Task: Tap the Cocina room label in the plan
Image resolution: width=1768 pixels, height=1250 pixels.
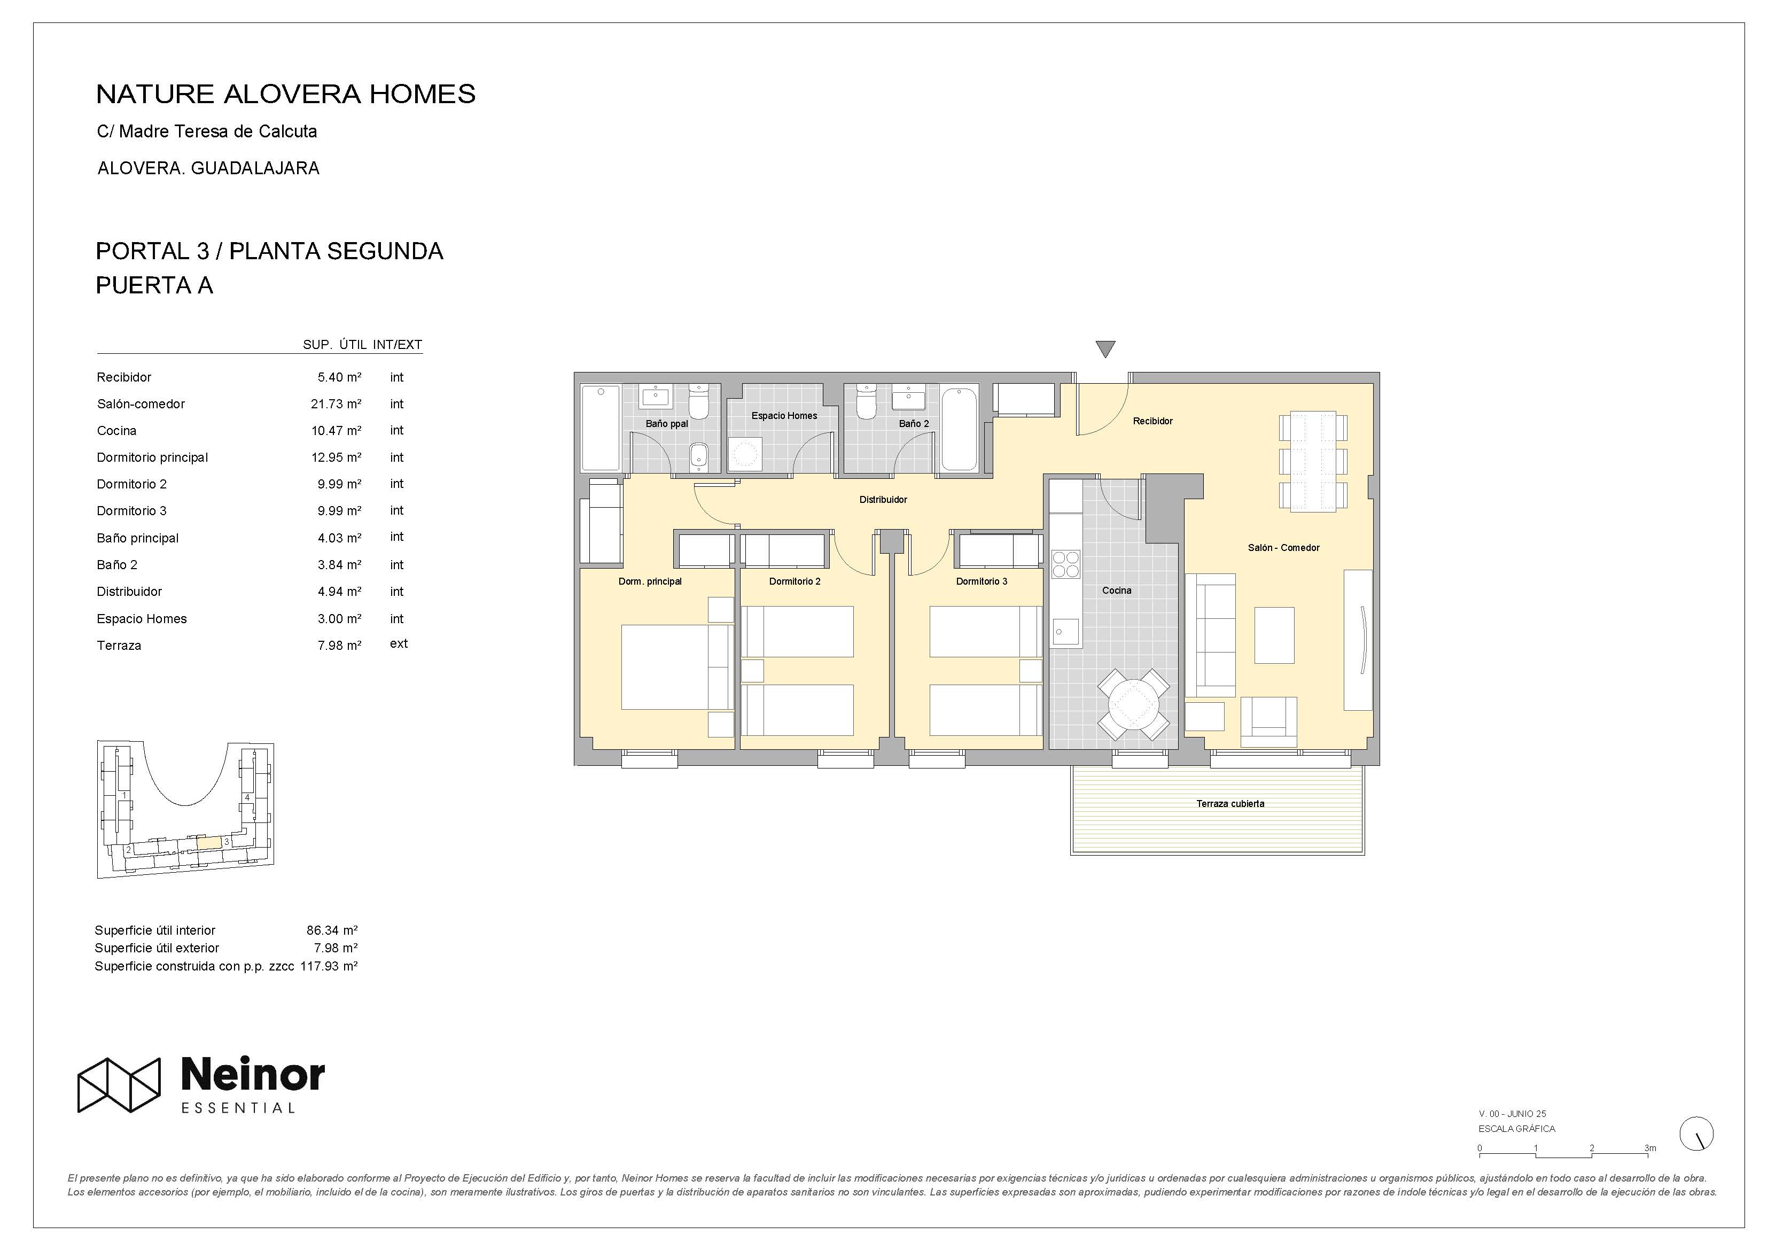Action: point(1117,591)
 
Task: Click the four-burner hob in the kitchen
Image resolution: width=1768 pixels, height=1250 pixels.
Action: point(1066,564)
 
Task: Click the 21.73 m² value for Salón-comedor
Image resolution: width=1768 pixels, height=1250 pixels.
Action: point(336,403)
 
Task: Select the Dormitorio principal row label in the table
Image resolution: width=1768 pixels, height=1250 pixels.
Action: point(152,457)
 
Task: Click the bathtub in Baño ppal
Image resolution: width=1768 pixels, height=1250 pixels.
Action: point(601,428)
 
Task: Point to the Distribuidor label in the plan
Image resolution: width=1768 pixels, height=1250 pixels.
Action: point(883,500)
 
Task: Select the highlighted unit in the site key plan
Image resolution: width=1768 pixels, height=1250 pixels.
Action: point(209,843)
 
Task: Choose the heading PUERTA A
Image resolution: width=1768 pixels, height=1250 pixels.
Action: point(154,286)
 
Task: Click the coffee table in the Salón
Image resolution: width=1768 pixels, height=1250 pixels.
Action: point(1274,635)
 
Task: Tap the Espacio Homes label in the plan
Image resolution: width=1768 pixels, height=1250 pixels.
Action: point(784,416)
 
